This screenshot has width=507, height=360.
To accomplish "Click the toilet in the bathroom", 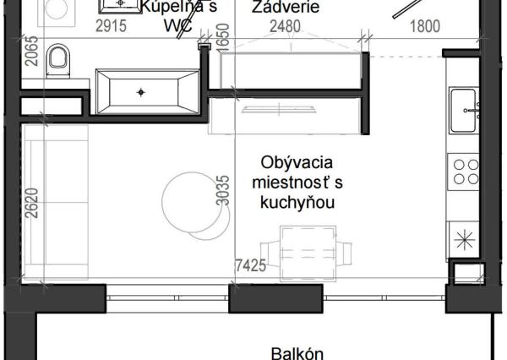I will pyautogui.click(x=57, y=59).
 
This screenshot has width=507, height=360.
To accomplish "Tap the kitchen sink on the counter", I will pyautogui.click(x=466, y=109).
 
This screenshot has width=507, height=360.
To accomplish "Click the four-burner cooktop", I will pyautogui.click(x=466, y=172).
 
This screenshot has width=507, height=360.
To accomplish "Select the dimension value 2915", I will pyautogui.click(x=111, y=26).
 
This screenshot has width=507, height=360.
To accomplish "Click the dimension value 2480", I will pyautogui.click(x=285, y=26).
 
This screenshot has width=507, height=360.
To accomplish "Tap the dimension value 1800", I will pyautogui.click(x=424, y=26).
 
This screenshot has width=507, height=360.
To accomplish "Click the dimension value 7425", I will pyautogui.click(x=250, y=265).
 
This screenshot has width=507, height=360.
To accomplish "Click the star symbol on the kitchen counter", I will pyautogui.click(x=464, y=239).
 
